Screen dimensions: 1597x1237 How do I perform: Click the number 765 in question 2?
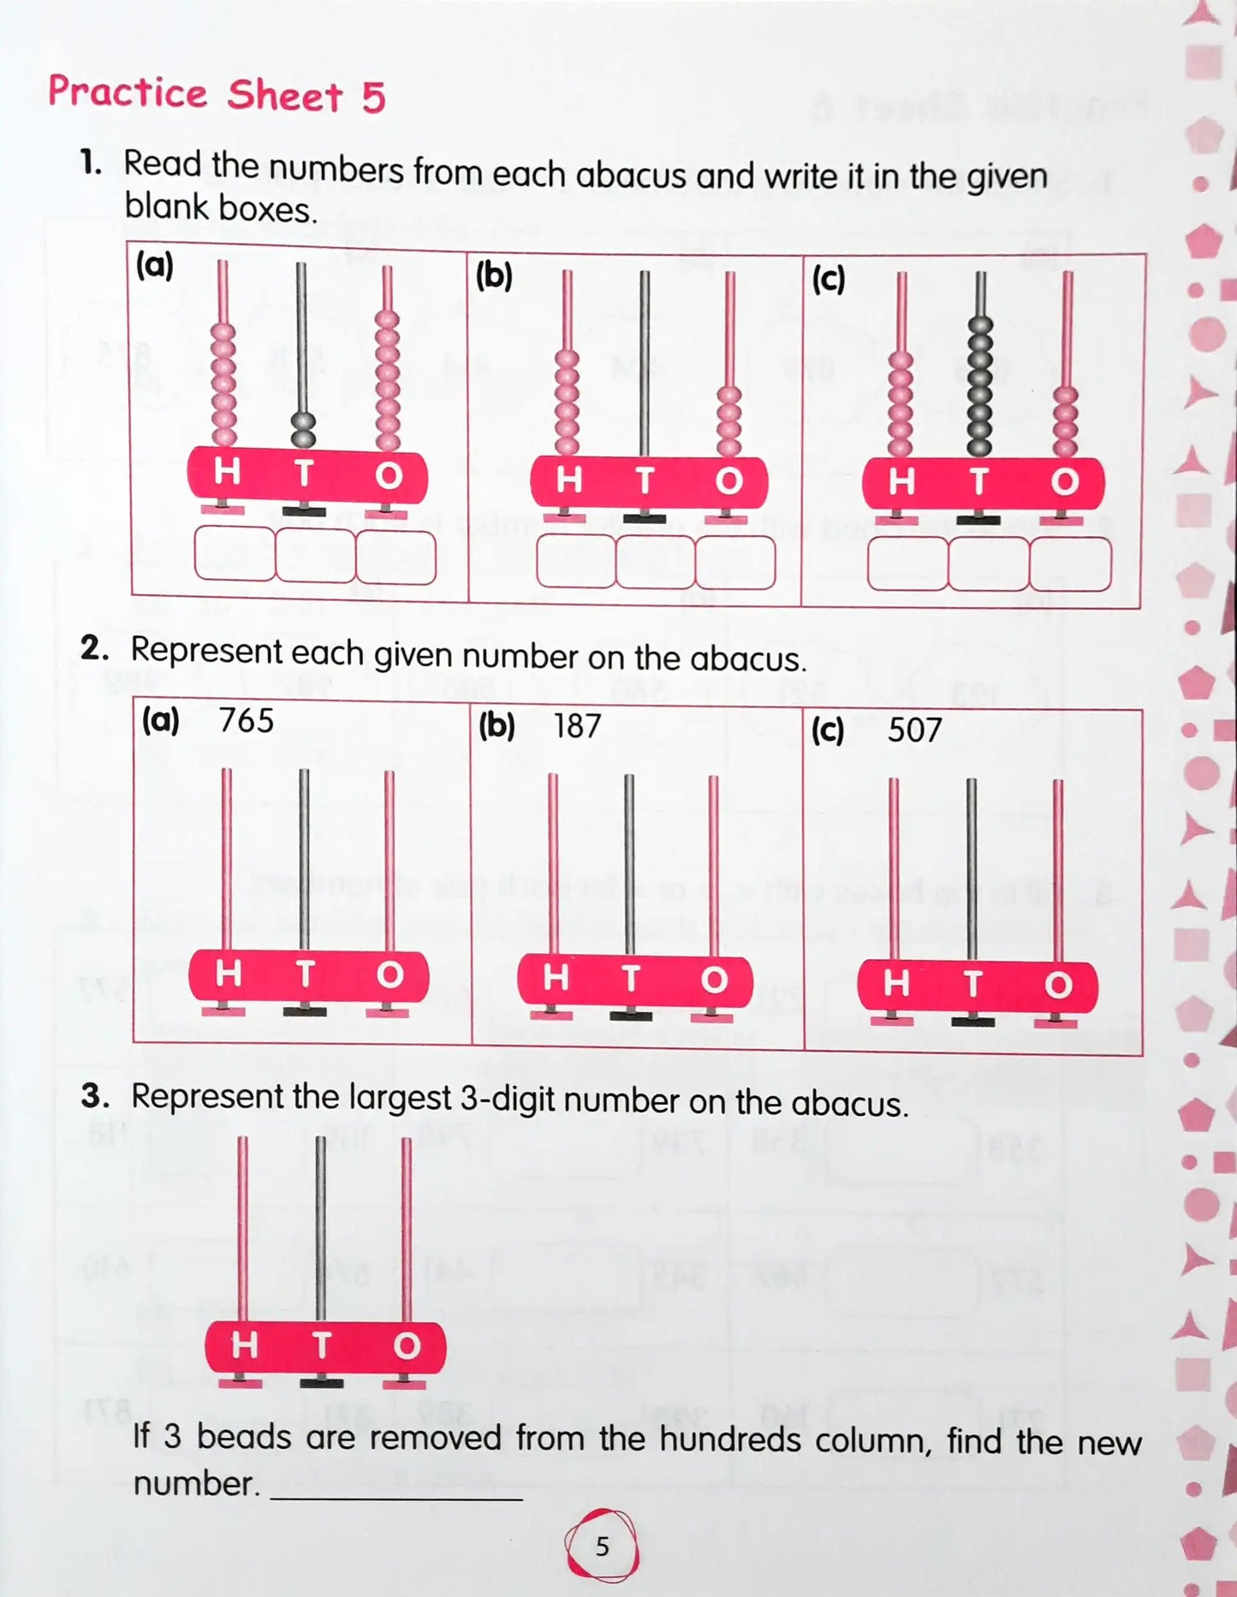(x=246, y=721)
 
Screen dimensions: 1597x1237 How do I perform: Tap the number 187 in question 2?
(x=577, y=726)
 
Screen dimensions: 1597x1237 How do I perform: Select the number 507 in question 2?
(x=913, y=730)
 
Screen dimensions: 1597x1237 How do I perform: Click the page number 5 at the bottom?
(x=602, y=1546)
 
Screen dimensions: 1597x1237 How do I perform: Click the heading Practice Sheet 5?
(x=217, y=93)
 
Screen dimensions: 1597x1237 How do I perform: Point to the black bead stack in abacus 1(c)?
(x=979, y=385)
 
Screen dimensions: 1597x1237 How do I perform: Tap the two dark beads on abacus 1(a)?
(x=303, y=429)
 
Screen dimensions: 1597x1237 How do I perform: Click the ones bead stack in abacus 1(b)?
(x=729, y=422)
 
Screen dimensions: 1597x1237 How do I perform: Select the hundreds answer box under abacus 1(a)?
(x=235, y=553)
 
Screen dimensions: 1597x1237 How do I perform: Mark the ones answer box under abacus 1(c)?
(x=1070, y=563)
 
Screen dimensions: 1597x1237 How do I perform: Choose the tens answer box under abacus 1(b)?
(x=655, y=562)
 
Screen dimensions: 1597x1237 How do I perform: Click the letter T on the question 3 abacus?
(x=322, y=1345)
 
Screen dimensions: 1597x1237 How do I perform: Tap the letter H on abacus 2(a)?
(x=228, y=974)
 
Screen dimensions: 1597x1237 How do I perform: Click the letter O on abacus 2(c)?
(x=1058, y=985)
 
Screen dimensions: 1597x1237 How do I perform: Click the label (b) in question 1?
(x=493, y=276)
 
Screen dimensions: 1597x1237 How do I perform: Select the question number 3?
(x=95, y=1096)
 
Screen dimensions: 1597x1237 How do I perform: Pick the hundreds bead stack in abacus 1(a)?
(x=223, y=385)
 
